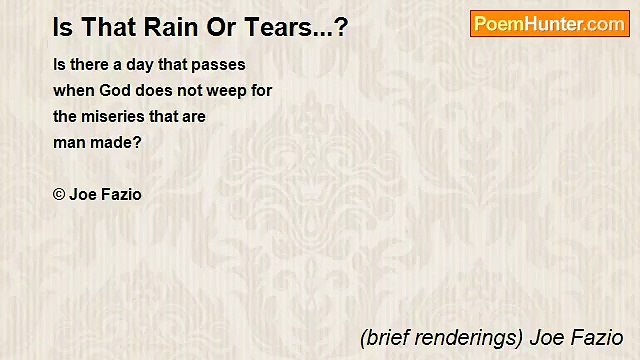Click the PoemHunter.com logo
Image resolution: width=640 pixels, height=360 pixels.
tap(549, 24)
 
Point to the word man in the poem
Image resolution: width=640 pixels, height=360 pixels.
tap(70, 142)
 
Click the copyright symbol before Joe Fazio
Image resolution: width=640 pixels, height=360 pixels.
tap(59, 195)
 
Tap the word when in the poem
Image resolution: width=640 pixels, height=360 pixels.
tap(71, 90)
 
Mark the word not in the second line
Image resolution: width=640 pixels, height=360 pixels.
tap(191, 90)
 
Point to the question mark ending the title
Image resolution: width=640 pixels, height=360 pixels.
tap(341, 27)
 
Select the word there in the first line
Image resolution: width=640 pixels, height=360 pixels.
tap(90, 64)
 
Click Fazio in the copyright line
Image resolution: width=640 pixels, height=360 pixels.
tap(120, 195)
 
